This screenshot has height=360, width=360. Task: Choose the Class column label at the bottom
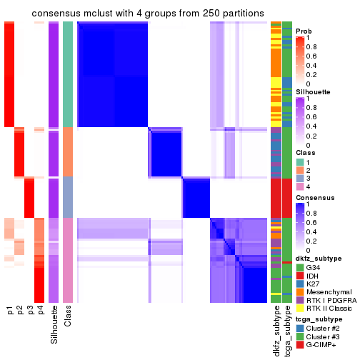(x=68, y=316)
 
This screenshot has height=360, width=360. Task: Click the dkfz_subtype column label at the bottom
(x=275, y=330)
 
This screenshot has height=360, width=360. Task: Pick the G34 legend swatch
(x=300, y=268)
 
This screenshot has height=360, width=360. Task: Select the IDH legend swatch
(x=300, y=277)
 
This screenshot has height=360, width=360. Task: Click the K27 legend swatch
(x=300, y=286)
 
